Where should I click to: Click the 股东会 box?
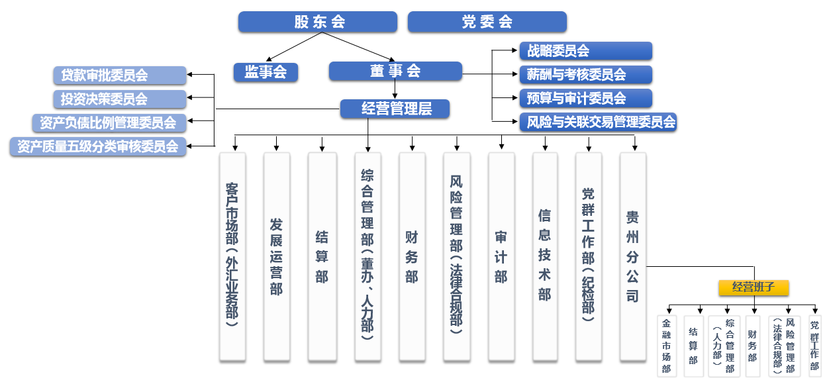click(x=318, y=22)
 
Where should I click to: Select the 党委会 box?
click(x=487, y=22)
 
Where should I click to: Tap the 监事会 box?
click(x=266, y=72)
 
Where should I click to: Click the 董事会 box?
click(x=395, y=71)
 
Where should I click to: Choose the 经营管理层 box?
click(x=395, y=109)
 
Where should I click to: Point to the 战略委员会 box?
click(x=585, y=51)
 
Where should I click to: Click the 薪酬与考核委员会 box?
click(x=585, y=74)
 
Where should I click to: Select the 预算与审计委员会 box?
click(x=585, y=98)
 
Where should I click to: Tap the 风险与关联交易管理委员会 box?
click(x=597, y=122)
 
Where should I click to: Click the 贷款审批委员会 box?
click(x=120, y=75)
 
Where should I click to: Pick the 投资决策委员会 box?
click(x=120, y=99)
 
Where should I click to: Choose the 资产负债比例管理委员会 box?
click(x=109, y=122)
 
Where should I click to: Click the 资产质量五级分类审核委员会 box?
click(x=99, y=146)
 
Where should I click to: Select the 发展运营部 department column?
click(x=276, y=257)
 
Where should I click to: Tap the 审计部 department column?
click(x=501, y=257)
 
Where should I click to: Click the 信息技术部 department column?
click(x=545, y=257)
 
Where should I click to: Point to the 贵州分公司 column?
click(x=632, y=257)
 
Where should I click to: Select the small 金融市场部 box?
click(x=667, y=346)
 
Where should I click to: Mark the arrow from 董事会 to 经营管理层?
click(x=395, y=90)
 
